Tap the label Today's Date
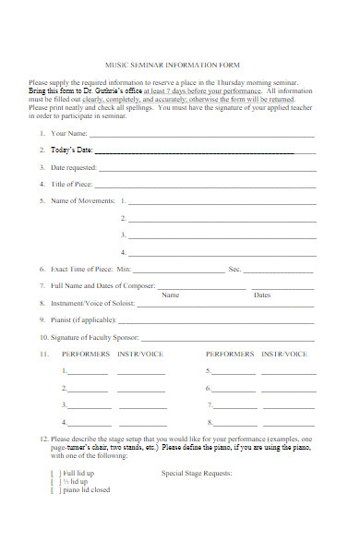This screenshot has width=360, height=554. click(71, 150)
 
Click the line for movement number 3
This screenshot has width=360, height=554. click(222, 235)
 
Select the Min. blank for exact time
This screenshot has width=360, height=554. click(179, 270)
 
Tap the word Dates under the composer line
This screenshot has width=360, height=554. click(262, 295)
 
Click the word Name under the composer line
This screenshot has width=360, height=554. click(170, 295)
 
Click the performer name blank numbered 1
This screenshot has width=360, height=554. click(88, 372)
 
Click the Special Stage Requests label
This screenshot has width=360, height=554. click(197, 473)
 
